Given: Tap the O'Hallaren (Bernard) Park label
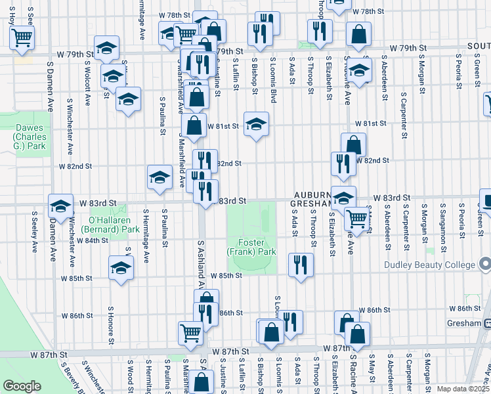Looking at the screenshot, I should point(110,225).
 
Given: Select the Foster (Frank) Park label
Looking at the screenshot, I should point(251,246).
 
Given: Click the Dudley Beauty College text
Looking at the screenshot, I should point(430,265).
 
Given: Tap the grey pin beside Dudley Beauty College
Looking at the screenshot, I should point(484,265).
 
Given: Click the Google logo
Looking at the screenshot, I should point(22,385).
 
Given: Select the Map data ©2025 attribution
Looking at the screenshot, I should point(463,389).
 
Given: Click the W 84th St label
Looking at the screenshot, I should point(92,240).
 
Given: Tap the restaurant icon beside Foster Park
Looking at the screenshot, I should point(300,265).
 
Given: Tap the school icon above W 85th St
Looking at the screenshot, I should point(121,267).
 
